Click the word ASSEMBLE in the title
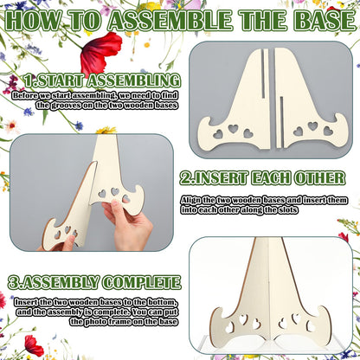click(170, 21)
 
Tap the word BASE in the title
click(325, 21)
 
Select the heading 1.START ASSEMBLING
click(102, 80)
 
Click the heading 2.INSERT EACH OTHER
click(262, 178)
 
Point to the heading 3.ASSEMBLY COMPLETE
click(94, 282)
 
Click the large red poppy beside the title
click(100, 53)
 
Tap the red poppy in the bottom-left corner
click(34, 345)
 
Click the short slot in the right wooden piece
click(281, 120)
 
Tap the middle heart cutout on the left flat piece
click(233, 129)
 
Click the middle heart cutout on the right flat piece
click(312, 126)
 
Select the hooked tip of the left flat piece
click(203, 121)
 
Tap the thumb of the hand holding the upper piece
click(116, 205)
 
